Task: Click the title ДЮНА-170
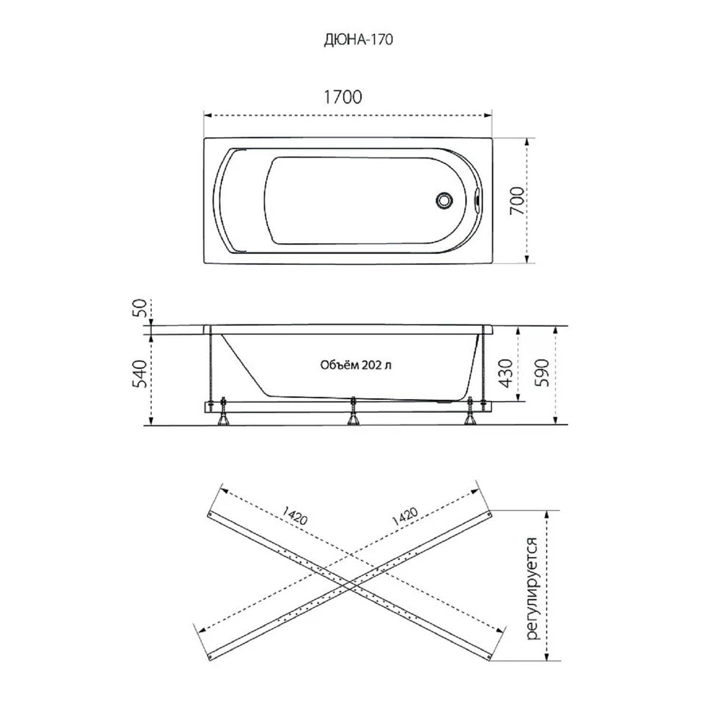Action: (358, 39)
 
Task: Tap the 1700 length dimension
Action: (343, 97)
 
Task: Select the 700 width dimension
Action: (518, 201)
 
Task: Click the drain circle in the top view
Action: (444, 200)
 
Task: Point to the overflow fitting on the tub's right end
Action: (477, 200)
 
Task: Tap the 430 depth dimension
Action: (507, 373)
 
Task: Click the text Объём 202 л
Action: (356, 365)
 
